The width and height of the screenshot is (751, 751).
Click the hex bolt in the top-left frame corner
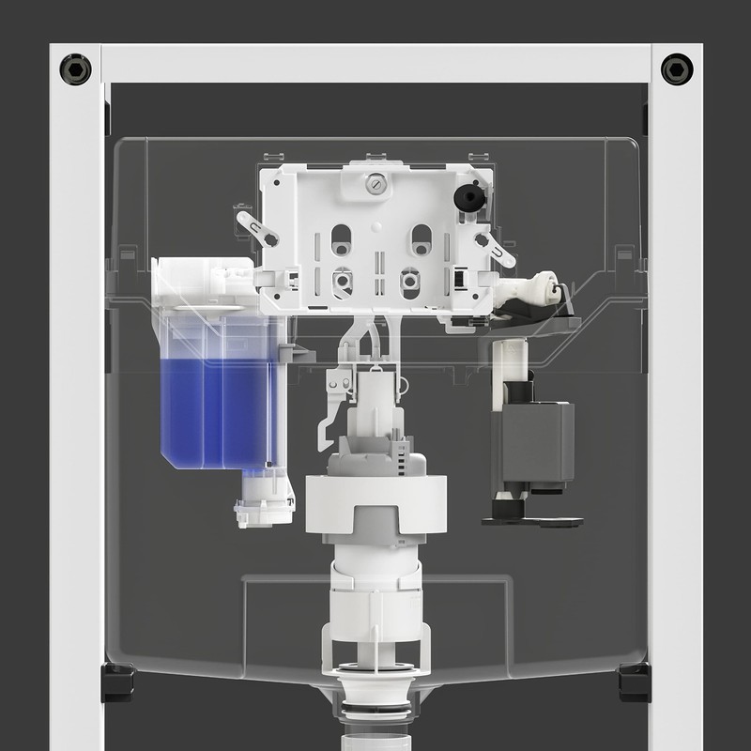(75, 69)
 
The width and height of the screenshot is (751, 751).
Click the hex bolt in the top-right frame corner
(676, 69)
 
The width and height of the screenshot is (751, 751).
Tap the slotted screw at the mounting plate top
(375, 185)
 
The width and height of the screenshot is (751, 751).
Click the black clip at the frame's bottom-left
(117, 681)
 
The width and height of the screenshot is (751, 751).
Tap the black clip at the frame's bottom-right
(635, 681)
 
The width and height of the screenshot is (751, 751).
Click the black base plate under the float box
(531, 518)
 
